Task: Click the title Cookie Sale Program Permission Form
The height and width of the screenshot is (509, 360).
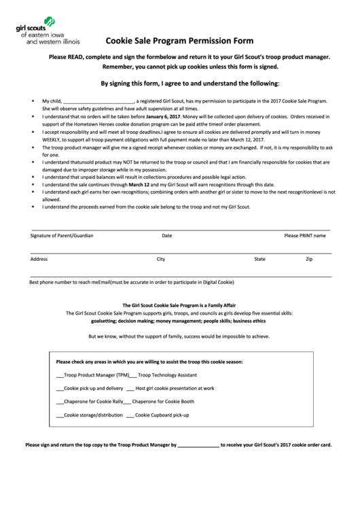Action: (x=179, y=41)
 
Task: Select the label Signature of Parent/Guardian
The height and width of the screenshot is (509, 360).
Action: (x=62, y=236)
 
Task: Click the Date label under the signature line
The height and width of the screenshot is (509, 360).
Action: (x=166, y=236)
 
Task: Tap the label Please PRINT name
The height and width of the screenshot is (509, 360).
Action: (x=304, y=236)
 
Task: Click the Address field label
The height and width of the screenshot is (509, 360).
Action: (x=39, y=259)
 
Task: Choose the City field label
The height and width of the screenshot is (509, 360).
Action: (x=161, y=259)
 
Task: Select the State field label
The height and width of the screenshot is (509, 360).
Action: (x=259, y=259)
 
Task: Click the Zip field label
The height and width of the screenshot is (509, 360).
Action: (x=309, y=259)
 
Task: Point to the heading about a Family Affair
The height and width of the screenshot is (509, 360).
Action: (x=179, y=305)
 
